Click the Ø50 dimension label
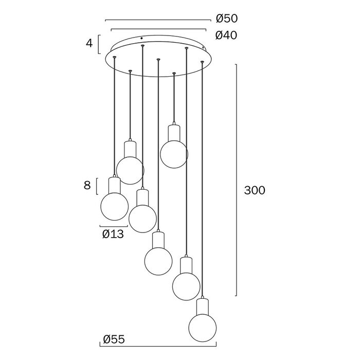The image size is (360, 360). click(227, 19)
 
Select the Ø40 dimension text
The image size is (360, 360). click(226, 35)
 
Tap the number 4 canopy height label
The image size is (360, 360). click(89, 43)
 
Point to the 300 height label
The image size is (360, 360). click(255, 190)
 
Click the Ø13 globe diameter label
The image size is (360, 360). click(113, 234)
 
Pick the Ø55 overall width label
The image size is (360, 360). click(114, 339)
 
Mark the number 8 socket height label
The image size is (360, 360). click(87, 185)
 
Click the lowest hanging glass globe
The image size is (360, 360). click(203, 328)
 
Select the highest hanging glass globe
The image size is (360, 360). click(174, 154)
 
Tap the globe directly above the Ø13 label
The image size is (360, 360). click(115, 206)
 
